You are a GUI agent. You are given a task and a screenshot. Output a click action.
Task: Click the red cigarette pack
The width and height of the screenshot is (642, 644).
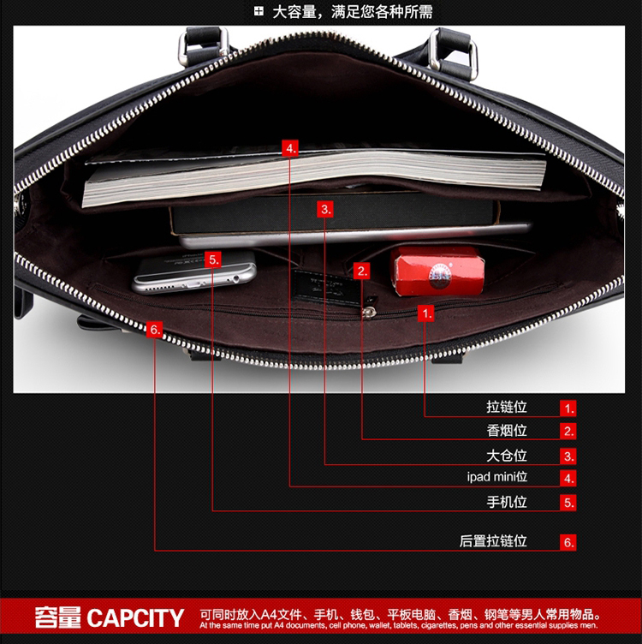437,270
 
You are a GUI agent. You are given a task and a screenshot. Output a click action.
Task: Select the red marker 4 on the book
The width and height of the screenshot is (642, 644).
291,148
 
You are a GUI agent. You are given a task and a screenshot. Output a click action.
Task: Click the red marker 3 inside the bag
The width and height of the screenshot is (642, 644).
324,208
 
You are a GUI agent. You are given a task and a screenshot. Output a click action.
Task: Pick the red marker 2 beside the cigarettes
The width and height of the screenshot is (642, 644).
362,271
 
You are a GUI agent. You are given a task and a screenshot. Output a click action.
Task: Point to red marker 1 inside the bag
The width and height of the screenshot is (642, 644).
426,313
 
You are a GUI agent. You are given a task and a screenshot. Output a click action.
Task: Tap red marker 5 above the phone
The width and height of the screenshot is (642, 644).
213,259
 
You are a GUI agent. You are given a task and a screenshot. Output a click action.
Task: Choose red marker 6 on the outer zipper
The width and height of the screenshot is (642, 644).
154,329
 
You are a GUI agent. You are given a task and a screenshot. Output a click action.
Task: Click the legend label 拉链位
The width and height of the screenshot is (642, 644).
507,407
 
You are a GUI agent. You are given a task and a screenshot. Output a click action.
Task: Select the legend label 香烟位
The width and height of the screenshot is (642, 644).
507,430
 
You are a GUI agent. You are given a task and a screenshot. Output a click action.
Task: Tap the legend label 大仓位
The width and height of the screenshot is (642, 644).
507,455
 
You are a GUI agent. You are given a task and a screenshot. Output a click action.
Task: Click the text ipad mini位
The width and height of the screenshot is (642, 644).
496,477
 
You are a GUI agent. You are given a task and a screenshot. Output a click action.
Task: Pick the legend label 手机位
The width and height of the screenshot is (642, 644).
507,502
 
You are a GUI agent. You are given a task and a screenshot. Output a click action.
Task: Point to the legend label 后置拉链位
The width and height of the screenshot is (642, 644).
493,541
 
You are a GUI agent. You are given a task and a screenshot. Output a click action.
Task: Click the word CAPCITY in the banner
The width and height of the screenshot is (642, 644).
135,618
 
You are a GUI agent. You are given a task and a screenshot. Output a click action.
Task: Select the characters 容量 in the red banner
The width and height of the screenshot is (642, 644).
57,617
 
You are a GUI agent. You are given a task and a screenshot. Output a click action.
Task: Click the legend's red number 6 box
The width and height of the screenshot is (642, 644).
568,542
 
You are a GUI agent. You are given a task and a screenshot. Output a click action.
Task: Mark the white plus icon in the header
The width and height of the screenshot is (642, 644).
259,12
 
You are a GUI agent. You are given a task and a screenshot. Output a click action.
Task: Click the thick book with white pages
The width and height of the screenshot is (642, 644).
313,181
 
